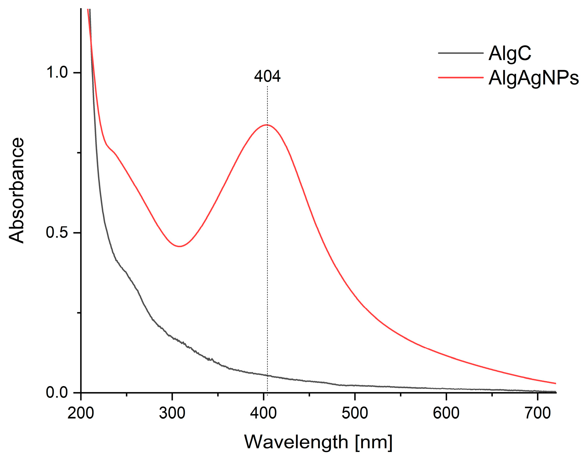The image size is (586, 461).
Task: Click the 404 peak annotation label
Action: pyautogui.click(x=267, y=76)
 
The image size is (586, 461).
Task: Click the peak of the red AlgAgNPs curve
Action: pyautogui.click(x=267, y=125)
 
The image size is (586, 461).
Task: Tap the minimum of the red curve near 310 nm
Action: pyautogui.click(x=179, y=246)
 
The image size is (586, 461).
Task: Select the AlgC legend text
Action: pyautogui.click(x=510, y=54)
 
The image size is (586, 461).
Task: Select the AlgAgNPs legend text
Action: pyautogui.click(x=533, y=78)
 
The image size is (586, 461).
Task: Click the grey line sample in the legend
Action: pyautogui.click(x=460, y=53)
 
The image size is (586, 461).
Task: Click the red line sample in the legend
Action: pyautogui.click(x=460, y=78)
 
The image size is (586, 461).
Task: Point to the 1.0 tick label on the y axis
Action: pyautogui.click(x=57, y=72)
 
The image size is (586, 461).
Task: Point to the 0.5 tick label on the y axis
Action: pyautogui.click(x=57, y=232)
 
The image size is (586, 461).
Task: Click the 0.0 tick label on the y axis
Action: pyautogui.click(x=57, y=392)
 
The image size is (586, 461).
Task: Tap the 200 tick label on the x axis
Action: pyautogui.click(x=81, y=413)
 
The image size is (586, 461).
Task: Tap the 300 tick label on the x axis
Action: pyautogui.click(x=172, y=413)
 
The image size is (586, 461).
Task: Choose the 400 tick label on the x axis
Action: pyautogui.click(x=263, y=413)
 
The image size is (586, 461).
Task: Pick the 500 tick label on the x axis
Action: pyautogui.click(x=355, y=413)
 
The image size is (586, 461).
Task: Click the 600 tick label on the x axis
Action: pyautogui.click(x=446, y=413)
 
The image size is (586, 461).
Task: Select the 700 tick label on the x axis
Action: pyautogui.click(x=538, y=413)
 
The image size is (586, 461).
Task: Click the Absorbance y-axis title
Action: pyautogui.click(x=17, y=190)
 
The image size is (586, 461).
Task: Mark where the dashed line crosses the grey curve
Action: pyautogui.click(x=267, y=375)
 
